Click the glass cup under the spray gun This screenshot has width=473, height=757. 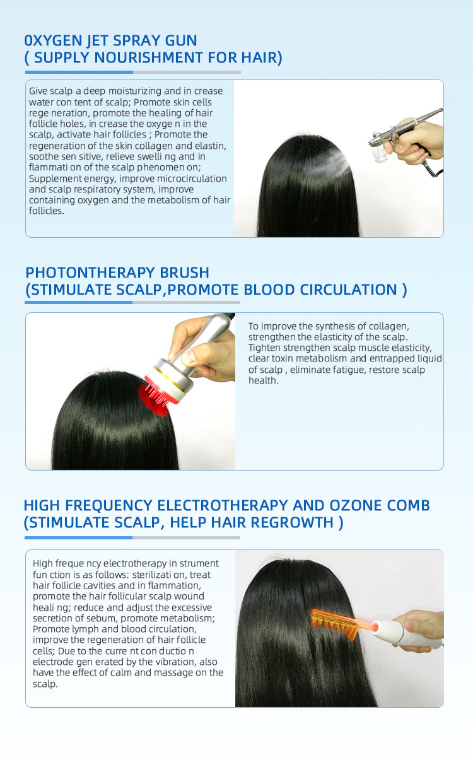pos(380,153)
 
